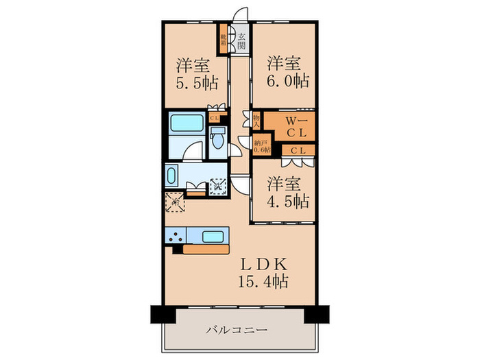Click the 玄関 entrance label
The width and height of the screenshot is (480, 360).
pos(241,39)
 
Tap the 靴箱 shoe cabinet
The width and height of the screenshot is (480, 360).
pos(224,39)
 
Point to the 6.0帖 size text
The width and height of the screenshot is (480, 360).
pos(287,80)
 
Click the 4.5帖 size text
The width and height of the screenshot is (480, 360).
pos(287,202)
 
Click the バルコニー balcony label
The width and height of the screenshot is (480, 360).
pos(237,330)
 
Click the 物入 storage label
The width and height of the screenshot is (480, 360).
pos(256,121)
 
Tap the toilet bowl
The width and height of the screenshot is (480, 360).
pos(217,141)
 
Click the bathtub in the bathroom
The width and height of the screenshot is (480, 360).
pos(187,124)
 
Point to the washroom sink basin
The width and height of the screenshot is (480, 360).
pos(171,176)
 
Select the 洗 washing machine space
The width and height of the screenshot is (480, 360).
pos(218,184)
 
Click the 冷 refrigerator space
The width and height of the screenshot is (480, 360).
pos(173,202)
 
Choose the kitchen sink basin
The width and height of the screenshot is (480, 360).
pos(213,237)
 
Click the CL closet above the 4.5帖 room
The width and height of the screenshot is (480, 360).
pos(298,151)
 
